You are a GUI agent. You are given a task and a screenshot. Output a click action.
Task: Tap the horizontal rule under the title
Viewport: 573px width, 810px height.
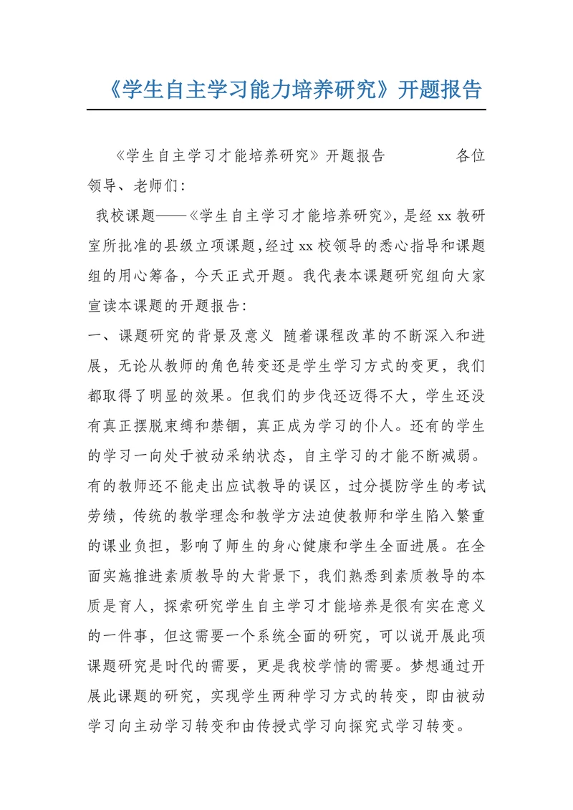point(286,110)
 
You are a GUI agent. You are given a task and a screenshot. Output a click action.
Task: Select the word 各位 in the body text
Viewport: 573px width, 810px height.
point(471,156)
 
